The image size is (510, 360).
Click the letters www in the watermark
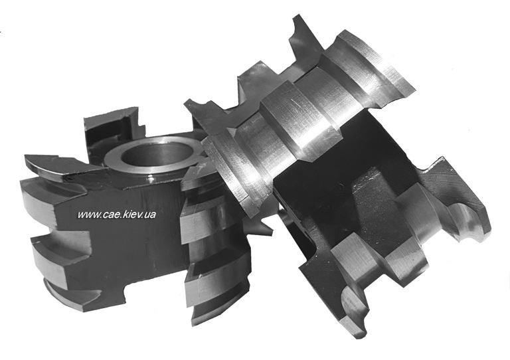[x=88, y=215]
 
